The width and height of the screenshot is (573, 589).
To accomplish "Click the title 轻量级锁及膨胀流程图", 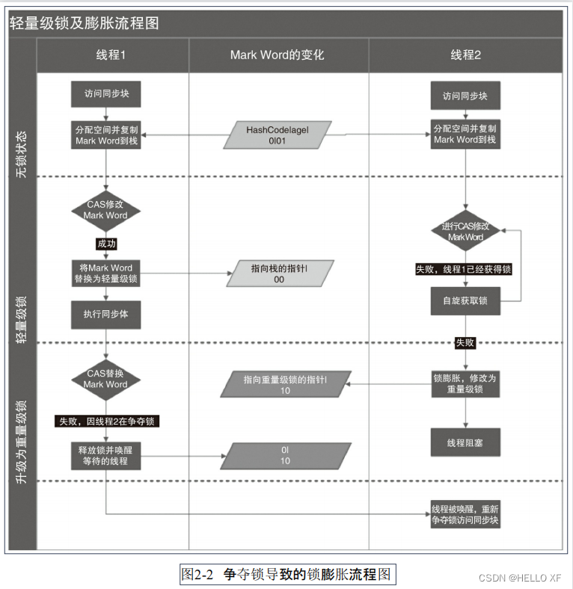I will (x=85, y=23).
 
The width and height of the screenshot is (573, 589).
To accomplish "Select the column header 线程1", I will (x=111, y=55).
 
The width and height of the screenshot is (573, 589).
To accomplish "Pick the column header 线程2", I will (x=465, y=55).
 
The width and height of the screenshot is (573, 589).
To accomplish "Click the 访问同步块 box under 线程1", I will (x=105, y=95).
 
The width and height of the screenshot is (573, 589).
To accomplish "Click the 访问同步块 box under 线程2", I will (x=465, y=96).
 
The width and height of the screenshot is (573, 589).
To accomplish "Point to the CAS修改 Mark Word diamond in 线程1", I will (x=105, y=209).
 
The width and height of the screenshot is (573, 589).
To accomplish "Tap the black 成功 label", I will (x=106, y=244).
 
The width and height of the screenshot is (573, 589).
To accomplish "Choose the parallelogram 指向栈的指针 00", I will (x=278, y=273).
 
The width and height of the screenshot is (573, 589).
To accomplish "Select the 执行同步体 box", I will (x=105, y=314).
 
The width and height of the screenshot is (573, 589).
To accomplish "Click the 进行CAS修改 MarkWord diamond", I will (x=465, y=231).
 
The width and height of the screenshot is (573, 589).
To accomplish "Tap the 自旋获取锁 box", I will (x=465, y=300).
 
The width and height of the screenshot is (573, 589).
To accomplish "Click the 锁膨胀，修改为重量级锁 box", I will (x=465, y=383).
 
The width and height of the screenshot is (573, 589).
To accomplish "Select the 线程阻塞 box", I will (x=465, y=442).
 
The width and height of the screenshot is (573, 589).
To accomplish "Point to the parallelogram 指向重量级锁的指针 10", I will (x=285, y=385).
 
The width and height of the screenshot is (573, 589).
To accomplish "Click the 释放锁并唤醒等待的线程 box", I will (x=105, y=456).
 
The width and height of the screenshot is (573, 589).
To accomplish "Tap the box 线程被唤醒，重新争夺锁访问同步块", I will (x=465, y=514).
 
